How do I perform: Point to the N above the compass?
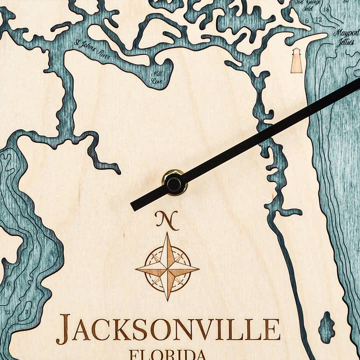coord(166,219)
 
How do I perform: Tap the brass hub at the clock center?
coord(174,183)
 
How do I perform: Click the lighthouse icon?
coord(296,61)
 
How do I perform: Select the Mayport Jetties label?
coord(346,36)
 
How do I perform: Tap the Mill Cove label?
coord(156,77)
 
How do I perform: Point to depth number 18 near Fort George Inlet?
coord(326,9)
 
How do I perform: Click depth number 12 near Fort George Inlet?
coord(318,19)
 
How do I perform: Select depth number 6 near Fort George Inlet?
coord(306,21)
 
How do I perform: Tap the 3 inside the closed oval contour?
coord(26,311)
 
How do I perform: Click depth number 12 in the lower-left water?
coord(7,312)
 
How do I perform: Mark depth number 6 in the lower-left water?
coord(8,283)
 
